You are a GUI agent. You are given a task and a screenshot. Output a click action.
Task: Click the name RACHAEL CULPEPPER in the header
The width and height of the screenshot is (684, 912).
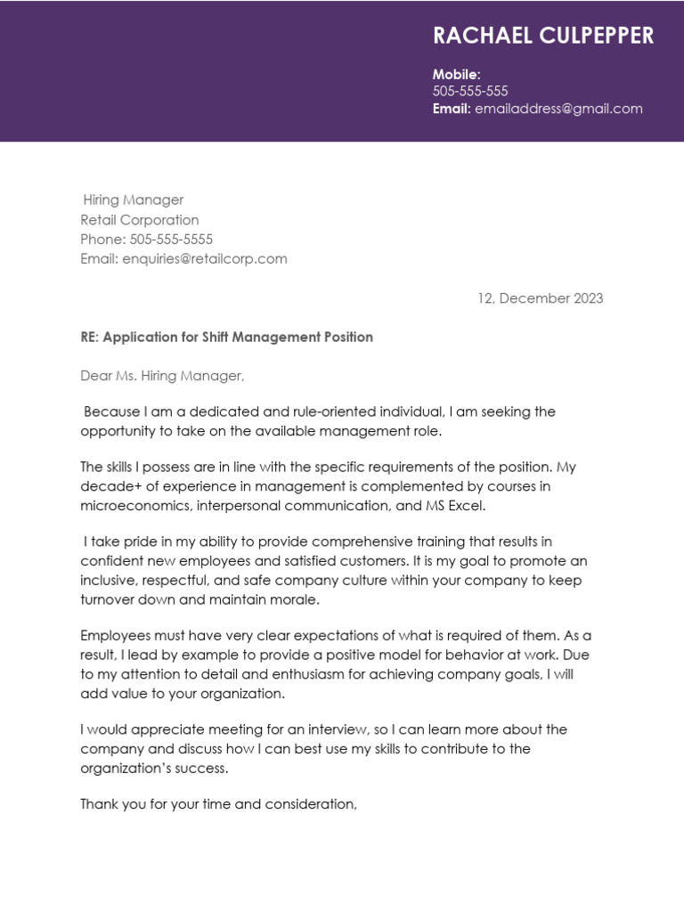[x=542, y=36]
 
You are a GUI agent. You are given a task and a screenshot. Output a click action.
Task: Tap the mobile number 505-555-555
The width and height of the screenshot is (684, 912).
[x=470, y=92]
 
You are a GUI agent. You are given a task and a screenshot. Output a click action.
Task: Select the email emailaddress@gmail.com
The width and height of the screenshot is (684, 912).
[x=558, y=109]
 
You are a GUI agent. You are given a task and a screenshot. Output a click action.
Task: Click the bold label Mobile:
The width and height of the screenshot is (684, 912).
[x=456, y=75]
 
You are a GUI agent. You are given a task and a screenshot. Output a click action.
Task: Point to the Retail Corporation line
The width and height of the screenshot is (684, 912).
[x=140, y=220]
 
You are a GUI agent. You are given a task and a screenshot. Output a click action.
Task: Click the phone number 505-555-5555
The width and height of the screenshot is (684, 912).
[x=171, y=240]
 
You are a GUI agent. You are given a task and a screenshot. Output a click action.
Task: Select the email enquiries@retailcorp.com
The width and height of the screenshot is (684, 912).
[x=205, y=259]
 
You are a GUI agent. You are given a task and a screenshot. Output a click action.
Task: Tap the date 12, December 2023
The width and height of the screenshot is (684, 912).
[x=540, y=298]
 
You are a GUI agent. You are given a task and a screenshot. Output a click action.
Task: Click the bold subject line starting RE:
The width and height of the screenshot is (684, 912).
[x=226, y=338]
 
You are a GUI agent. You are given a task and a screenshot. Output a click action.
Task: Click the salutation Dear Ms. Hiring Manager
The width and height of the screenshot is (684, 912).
[x=162, y=376]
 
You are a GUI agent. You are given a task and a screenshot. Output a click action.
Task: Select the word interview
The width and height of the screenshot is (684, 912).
[x=334, y=729]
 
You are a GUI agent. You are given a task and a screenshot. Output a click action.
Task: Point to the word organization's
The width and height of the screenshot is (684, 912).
[x=131, y=768]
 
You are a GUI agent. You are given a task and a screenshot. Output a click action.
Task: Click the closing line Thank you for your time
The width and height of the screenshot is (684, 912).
[x=218, y=804]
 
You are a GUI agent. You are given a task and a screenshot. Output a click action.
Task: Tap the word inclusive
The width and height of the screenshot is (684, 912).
[x=110, y=581]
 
